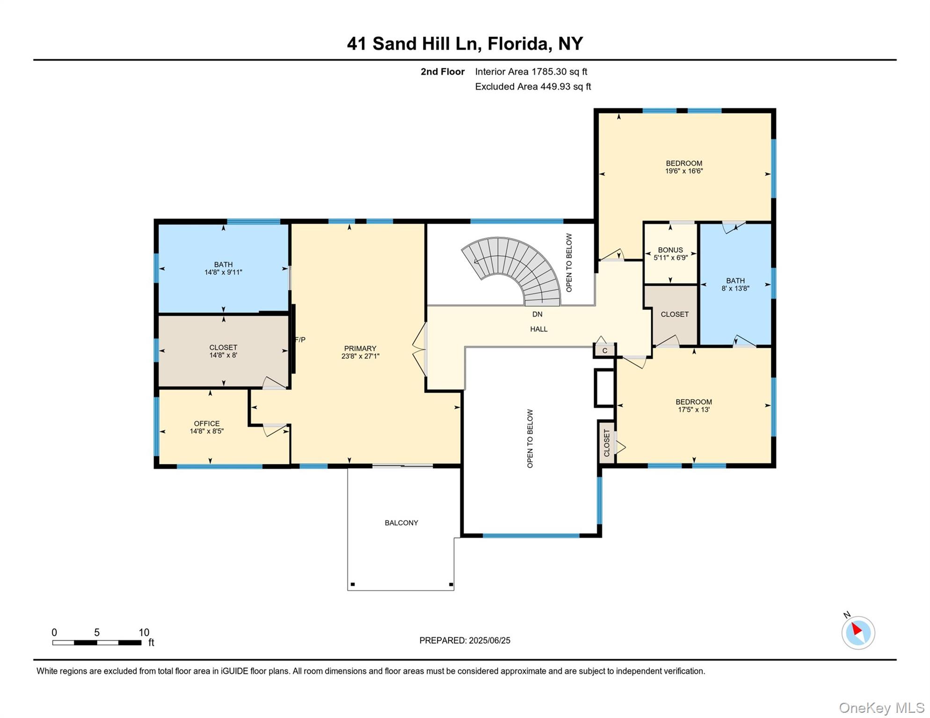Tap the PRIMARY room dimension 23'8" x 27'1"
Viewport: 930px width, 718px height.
[x=360, y=356]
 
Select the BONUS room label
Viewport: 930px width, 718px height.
[x=670, y=250]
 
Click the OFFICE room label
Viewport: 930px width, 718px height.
[x=206, y=424]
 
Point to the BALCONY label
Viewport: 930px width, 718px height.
[x=401, y=523]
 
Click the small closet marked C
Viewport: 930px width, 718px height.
[x=605, y=351]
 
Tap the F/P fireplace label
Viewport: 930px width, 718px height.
[x=300, y=340]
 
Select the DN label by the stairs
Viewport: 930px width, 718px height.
[x=537, y=314]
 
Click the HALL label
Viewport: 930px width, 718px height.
[x=538, y=329]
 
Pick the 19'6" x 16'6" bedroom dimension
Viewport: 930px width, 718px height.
[x=684, y=171]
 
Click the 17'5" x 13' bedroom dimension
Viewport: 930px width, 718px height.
[x=694, y=409]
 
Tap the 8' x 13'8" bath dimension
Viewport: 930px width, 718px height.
[x=735, y=288]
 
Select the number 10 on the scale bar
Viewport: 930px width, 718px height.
[x=144, y=632]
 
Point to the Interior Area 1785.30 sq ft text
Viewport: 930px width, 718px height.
[x=531, y=72]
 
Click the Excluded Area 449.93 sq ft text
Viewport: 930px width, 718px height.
[x=533, y=86]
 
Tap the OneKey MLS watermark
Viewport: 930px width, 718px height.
[x=881, y=708]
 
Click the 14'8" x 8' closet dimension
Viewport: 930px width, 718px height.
[x=223, y=355]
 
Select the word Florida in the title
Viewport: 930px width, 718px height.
[x=517, y=43]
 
